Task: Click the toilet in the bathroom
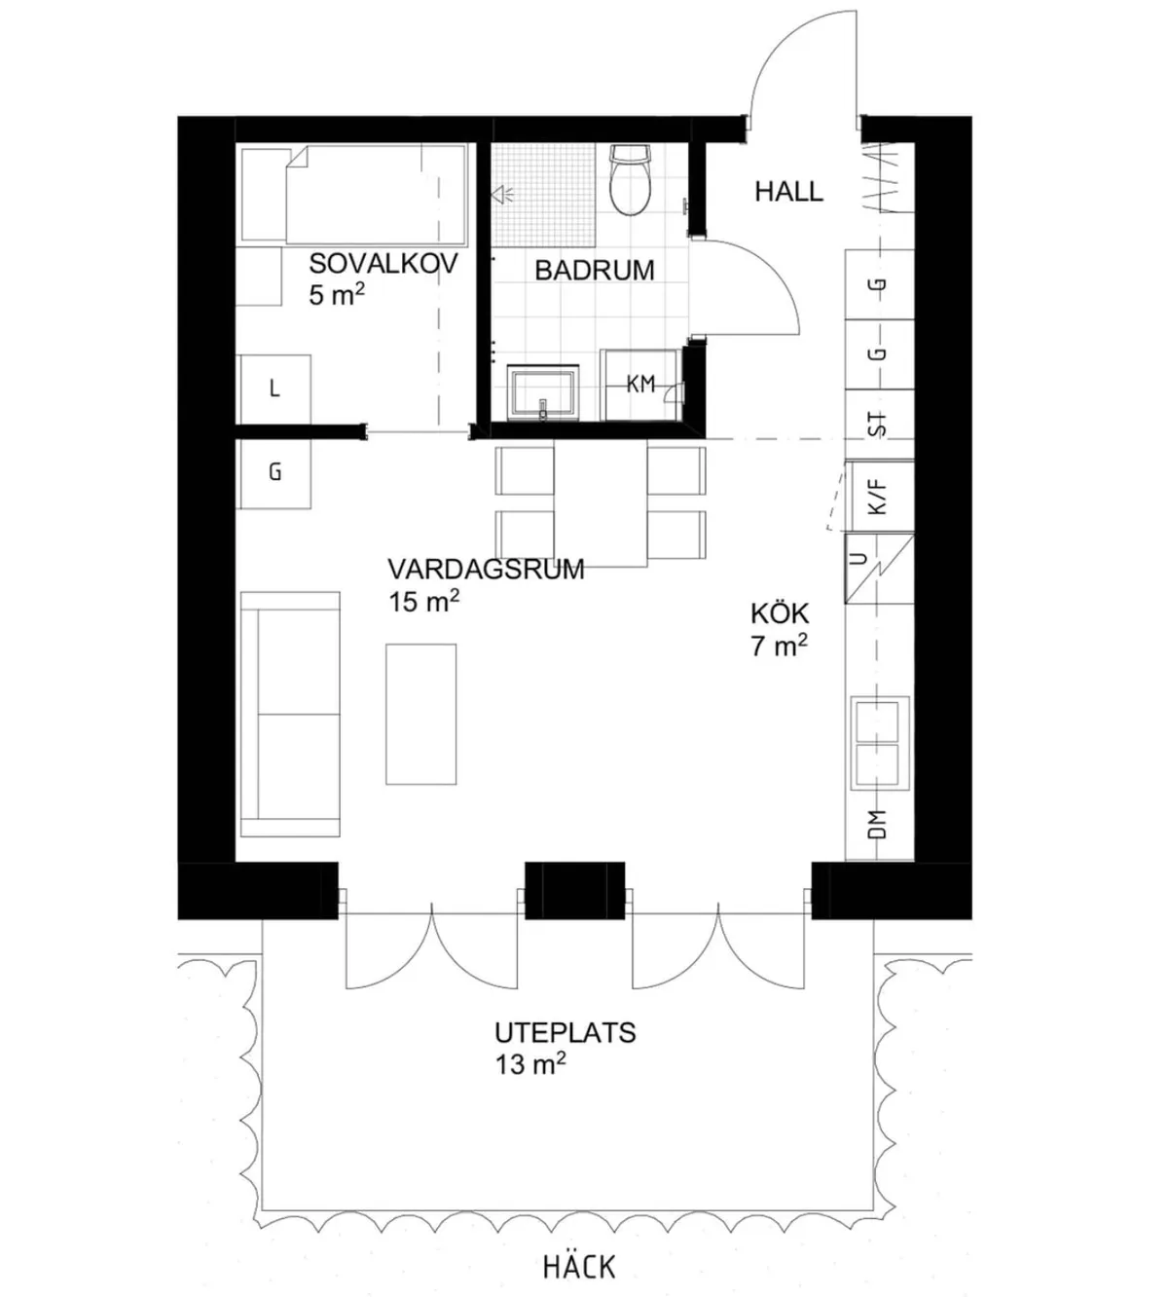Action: coord(630,181)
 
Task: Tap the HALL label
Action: coord(788,192)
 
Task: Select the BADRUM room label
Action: coord(594,270)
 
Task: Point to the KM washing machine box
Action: coord(639,385)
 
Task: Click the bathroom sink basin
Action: coord(542,393)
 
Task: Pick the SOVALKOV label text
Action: coord(383,263)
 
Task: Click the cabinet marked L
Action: coord(274,389)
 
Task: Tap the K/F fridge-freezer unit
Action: coord(879,497)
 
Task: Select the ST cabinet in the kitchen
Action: coord(879,424)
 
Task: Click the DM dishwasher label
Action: coord(878,826)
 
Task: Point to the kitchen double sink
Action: coord(880,743)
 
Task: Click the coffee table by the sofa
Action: coord(420,714)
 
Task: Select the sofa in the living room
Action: coord(290,714)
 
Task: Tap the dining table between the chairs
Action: coord(601,503)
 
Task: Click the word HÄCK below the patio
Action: coord(579,1267)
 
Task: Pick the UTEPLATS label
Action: coord(565,1032)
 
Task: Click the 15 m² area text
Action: coord(423,602)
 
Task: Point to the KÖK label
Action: coord(780,613)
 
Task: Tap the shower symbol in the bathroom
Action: coord(503,195)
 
